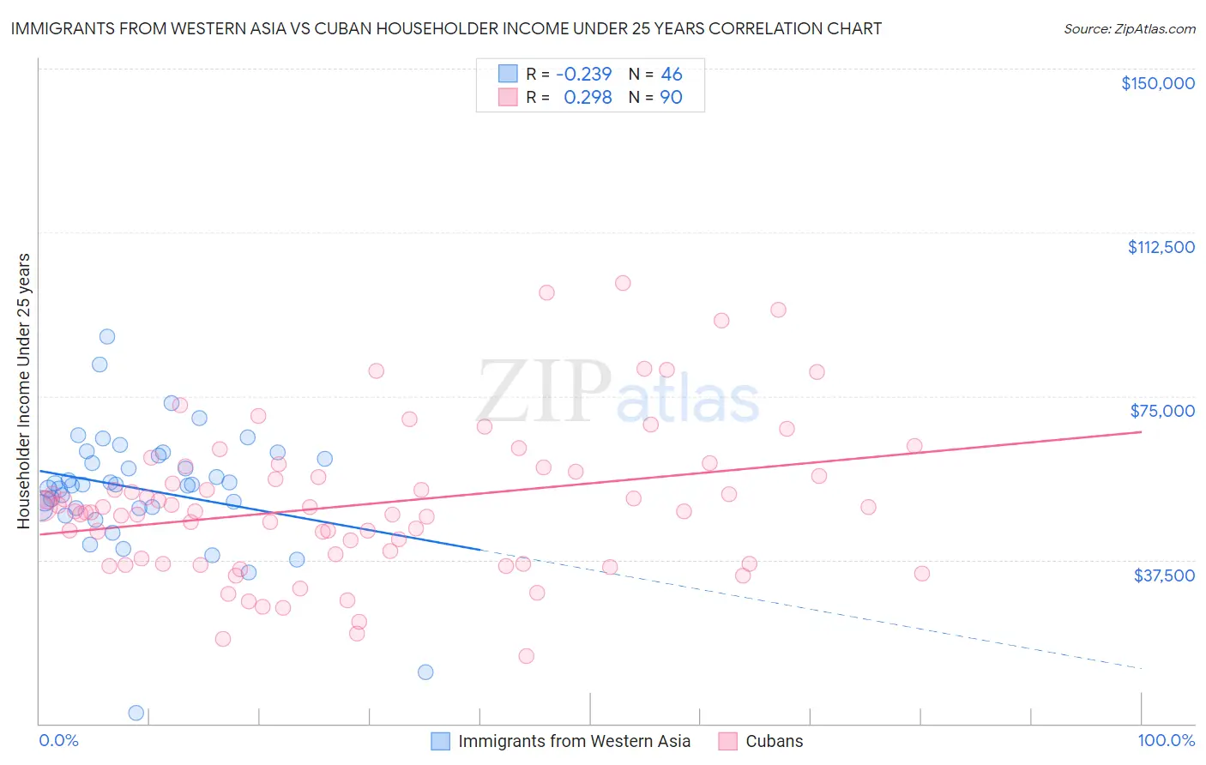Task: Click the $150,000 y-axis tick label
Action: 1157,83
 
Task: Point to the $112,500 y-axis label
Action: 1161,247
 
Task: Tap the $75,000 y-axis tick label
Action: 1162,411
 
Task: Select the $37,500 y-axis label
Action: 1164,575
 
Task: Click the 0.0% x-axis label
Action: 58,741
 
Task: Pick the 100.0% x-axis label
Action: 1166,741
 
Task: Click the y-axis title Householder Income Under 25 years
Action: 23,390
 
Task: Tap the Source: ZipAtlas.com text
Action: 1129,28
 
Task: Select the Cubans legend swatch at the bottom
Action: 728,741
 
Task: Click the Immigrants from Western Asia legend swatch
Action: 440,741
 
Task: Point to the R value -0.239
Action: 583,74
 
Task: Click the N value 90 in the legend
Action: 671,98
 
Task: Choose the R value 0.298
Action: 588,98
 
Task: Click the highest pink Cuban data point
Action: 623,283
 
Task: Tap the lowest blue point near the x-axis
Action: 136,713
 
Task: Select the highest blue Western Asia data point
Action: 107,337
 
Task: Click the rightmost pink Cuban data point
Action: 922,574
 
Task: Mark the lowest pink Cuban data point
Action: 526,656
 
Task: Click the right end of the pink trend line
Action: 1141,432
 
